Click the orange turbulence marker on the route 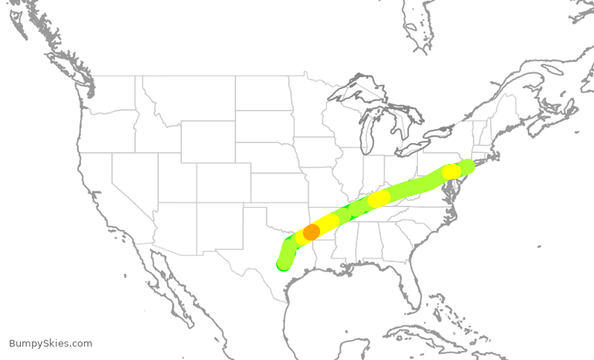311,232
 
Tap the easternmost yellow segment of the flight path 451,171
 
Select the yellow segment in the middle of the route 379,198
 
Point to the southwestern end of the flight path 283,264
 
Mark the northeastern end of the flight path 467,165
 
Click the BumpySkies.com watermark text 50,343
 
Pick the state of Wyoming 208,141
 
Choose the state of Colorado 223,183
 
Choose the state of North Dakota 264,93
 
